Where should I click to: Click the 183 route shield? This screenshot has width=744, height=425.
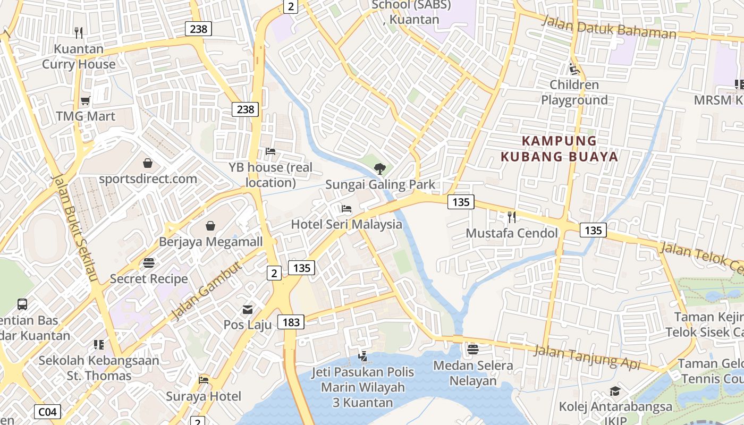pyautogui.click(x=291, y=321)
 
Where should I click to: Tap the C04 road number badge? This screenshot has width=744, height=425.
pyautogui.click(x=48, y=411)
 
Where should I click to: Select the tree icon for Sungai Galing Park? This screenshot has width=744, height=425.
pyautogui.click(x=379, y=169)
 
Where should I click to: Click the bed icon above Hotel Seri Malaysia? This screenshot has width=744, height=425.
pyautogui.click(x=346, y=209)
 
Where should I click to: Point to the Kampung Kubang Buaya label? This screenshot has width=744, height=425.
pyautogui.click(x=560, y=149)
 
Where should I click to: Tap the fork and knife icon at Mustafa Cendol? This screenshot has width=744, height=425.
pyautogui.click(x=511, y=217)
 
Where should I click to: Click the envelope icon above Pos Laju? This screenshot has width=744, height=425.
pyautogui.click(x=248, y=309)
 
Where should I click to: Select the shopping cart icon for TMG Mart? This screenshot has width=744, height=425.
pyautogui.click(x=85, y=100)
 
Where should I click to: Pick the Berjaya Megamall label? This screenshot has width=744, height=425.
pyautogui.click(x=211, y=242)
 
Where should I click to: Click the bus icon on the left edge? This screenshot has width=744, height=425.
pyautogui.click(x=22, y=304)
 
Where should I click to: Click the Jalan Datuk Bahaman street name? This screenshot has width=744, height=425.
pyautogui.click(x=608, y=27)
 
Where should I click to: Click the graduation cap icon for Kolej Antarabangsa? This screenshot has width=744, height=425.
pyautogui.click(x=615, y=391)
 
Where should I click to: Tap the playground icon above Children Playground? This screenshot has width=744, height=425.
pyautogui.click(x=574, y=69)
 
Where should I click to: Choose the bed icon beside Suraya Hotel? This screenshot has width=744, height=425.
pyautogui.click(x=204, y=380)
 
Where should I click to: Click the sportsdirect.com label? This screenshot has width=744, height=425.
pyautogui.click(x=148, y=178)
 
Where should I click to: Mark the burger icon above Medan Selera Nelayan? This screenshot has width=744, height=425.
pyautogui.click(x=473, y=350)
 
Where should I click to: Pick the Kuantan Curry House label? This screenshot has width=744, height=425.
pyautogui.click(x=79, y=56)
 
